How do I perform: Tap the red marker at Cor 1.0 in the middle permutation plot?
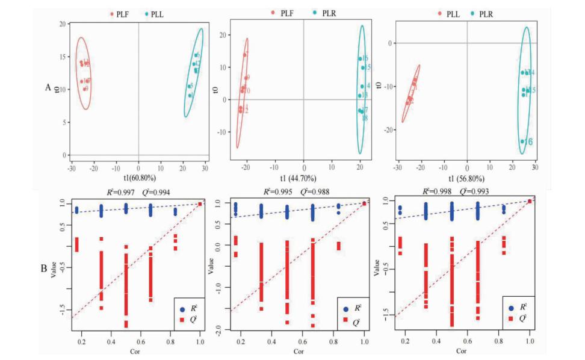pyautogui.click(x=364, y=203)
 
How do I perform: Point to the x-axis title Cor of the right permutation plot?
pyautogui.click(x=460, y=350)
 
